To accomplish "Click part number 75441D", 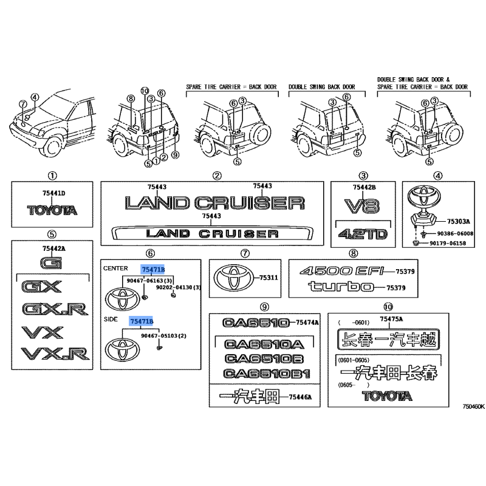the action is tap(54, 193).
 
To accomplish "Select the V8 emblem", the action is tap(361, 207).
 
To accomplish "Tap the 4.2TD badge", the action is tap(363, 234).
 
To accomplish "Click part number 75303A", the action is tap(459, 221).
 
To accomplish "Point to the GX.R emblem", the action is tap(55, 309).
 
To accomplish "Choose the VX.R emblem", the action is tap(55, 354).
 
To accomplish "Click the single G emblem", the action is tap(52, 263).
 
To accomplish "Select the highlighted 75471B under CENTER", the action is tap(153, 270).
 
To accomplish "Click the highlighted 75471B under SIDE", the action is tap(142, 321).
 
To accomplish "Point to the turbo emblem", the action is tap(341, 287).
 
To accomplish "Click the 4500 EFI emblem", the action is tap(342, 271).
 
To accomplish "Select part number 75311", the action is tap(269, 278).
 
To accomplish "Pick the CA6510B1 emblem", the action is tap(267, 374).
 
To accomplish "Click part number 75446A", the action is tap(300, 397).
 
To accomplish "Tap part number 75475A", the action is tap(391, 319).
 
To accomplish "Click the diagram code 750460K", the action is tap(473, 406).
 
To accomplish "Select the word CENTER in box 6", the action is tap(115, 269).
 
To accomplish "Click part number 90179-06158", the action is tap(448, 244).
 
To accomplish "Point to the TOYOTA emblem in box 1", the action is tap(52, 210).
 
